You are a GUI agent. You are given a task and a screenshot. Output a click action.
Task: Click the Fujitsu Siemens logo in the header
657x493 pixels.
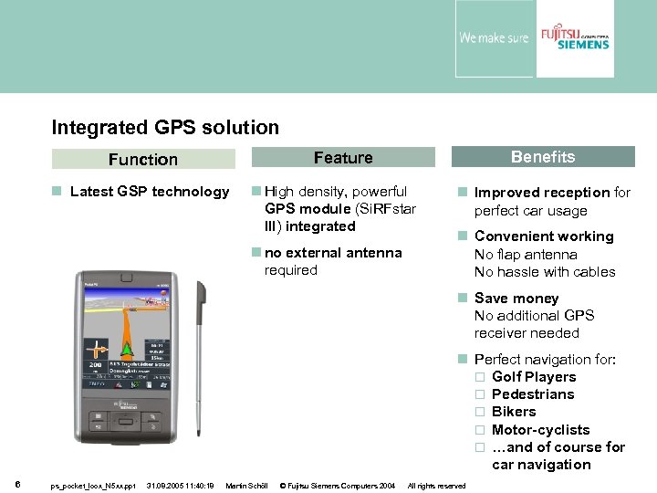coord(574,38)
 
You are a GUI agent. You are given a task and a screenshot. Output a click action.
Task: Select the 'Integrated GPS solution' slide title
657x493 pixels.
coord(165,128)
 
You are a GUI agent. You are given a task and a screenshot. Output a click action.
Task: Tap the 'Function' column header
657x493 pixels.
coord(143,160)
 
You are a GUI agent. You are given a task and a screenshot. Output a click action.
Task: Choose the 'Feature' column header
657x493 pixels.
coord(343,158)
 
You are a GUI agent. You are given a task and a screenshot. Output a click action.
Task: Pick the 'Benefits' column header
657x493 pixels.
coord(543,157)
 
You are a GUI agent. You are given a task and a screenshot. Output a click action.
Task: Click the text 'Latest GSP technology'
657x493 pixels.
coord(150,192)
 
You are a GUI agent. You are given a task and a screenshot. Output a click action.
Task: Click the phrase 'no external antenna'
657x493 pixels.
coord(333,253)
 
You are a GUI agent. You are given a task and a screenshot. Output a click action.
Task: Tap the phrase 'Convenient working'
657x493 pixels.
coord(544,236)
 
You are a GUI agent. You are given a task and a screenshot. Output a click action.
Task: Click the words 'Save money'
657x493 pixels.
coord(516,299)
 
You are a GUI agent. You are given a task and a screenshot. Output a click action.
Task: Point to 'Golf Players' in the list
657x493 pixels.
coord(534,377)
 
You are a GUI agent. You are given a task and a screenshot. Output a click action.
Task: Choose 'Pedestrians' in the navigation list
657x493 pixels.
coord(533,394)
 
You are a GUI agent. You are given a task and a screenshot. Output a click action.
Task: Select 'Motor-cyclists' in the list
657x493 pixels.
coord(540,430)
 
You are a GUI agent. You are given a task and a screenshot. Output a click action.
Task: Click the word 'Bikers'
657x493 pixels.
coord(514,412)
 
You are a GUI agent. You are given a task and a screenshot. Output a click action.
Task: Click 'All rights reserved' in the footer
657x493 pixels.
coord(436,486)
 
